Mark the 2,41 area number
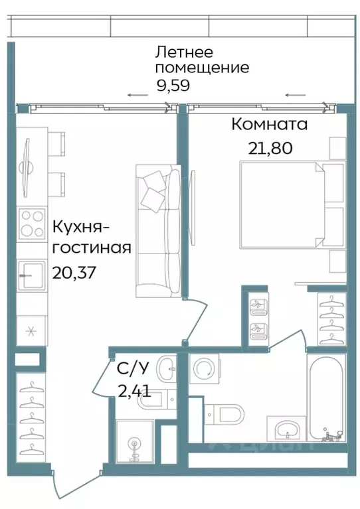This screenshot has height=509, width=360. coord(134,390)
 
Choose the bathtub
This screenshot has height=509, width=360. coord(325,399)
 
